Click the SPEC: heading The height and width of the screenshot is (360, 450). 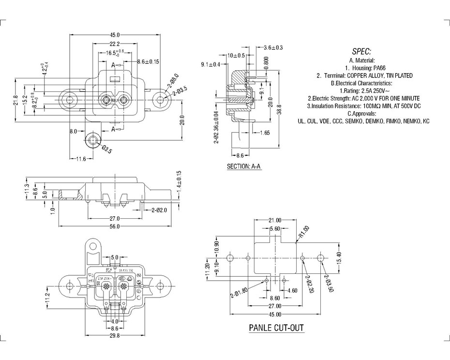(362, 51)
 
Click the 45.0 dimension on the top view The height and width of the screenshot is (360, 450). (115, 35)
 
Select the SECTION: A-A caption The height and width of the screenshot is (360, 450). (244, 166)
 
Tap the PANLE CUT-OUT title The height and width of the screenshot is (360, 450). (276, 328)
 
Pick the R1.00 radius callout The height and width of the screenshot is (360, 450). (304, 232)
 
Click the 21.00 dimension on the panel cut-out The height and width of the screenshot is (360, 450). (274, 221)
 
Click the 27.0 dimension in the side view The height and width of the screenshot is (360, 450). (114, 218)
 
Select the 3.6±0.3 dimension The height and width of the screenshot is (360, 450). (273, 47)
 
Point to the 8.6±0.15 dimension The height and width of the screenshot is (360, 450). (148, 61)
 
